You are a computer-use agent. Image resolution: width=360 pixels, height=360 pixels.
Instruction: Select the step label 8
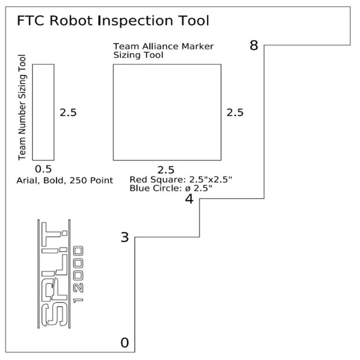pos(254,45)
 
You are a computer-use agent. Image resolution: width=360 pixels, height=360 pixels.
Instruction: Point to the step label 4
pos(189,199)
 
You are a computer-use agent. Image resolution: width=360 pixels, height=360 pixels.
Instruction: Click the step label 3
pos(125,237)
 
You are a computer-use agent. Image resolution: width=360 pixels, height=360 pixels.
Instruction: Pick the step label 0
pos(125,343)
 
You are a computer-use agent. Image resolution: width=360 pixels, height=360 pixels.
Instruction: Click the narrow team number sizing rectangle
pos(43,112)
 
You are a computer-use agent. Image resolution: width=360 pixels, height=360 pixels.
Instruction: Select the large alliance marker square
pos(166,112)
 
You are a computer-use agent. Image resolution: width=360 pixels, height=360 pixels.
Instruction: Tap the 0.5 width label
pos(43,169)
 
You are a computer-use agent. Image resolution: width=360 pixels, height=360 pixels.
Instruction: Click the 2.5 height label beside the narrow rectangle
pos(68,112)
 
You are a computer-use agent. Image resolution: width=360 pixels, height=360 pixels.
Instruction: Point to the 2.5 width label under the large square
pos(166,170)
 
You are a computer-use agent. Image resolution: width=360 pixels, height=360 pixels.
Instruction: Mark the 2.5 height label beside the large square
pos(235,112)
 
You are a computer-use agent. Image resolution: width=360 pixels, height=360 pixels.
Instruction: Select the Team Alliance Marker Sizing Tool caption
pos(163,51)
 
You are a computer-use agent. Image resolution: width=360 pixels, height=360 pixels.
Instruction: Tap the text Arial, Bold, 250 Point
pos(64,180)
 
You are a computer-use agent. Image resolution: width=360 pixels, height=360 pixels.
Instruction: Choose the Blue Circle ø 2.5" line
pos(171,189)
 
